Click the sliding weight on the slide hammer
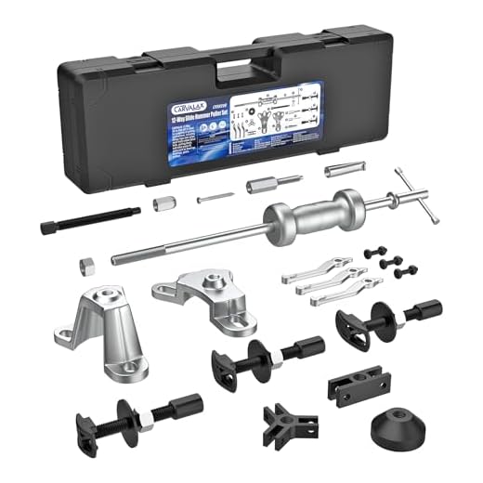[x=308, y=215]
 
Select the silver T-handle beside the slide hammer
[x=405, y=196]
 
